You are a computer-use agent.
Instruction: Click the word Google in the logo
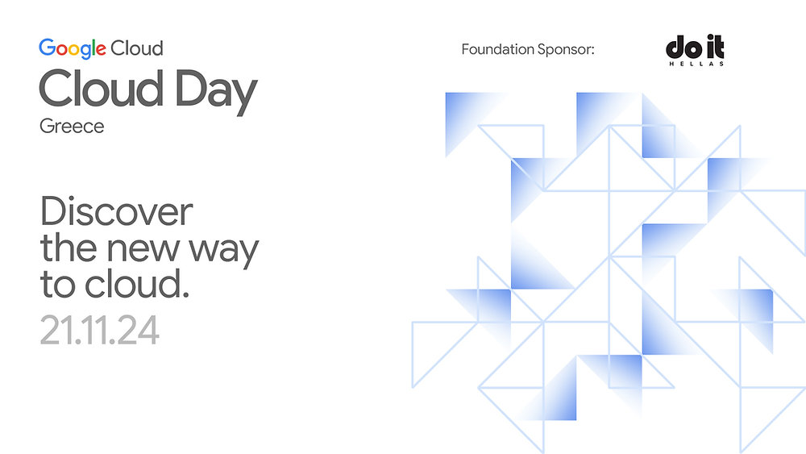point(73,48)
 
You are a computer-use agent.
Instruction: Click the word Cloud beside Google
point(137,48)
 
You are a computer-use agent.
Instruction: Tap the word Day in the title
point(213,90)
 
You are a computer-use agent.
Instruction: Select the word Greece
point(72,127)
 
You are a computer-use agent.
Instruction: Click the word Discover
point(116,212)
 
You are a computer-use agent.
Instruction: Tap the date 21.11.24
point(99,330)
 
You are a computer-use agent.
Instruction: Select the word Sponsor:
point(566,50)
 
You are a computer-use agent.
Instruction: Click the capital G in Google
point(45,48)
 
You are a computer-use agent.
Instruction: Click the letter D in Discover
point(51,212)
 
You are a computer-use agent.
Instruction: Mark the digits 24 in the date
point(140,330)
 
